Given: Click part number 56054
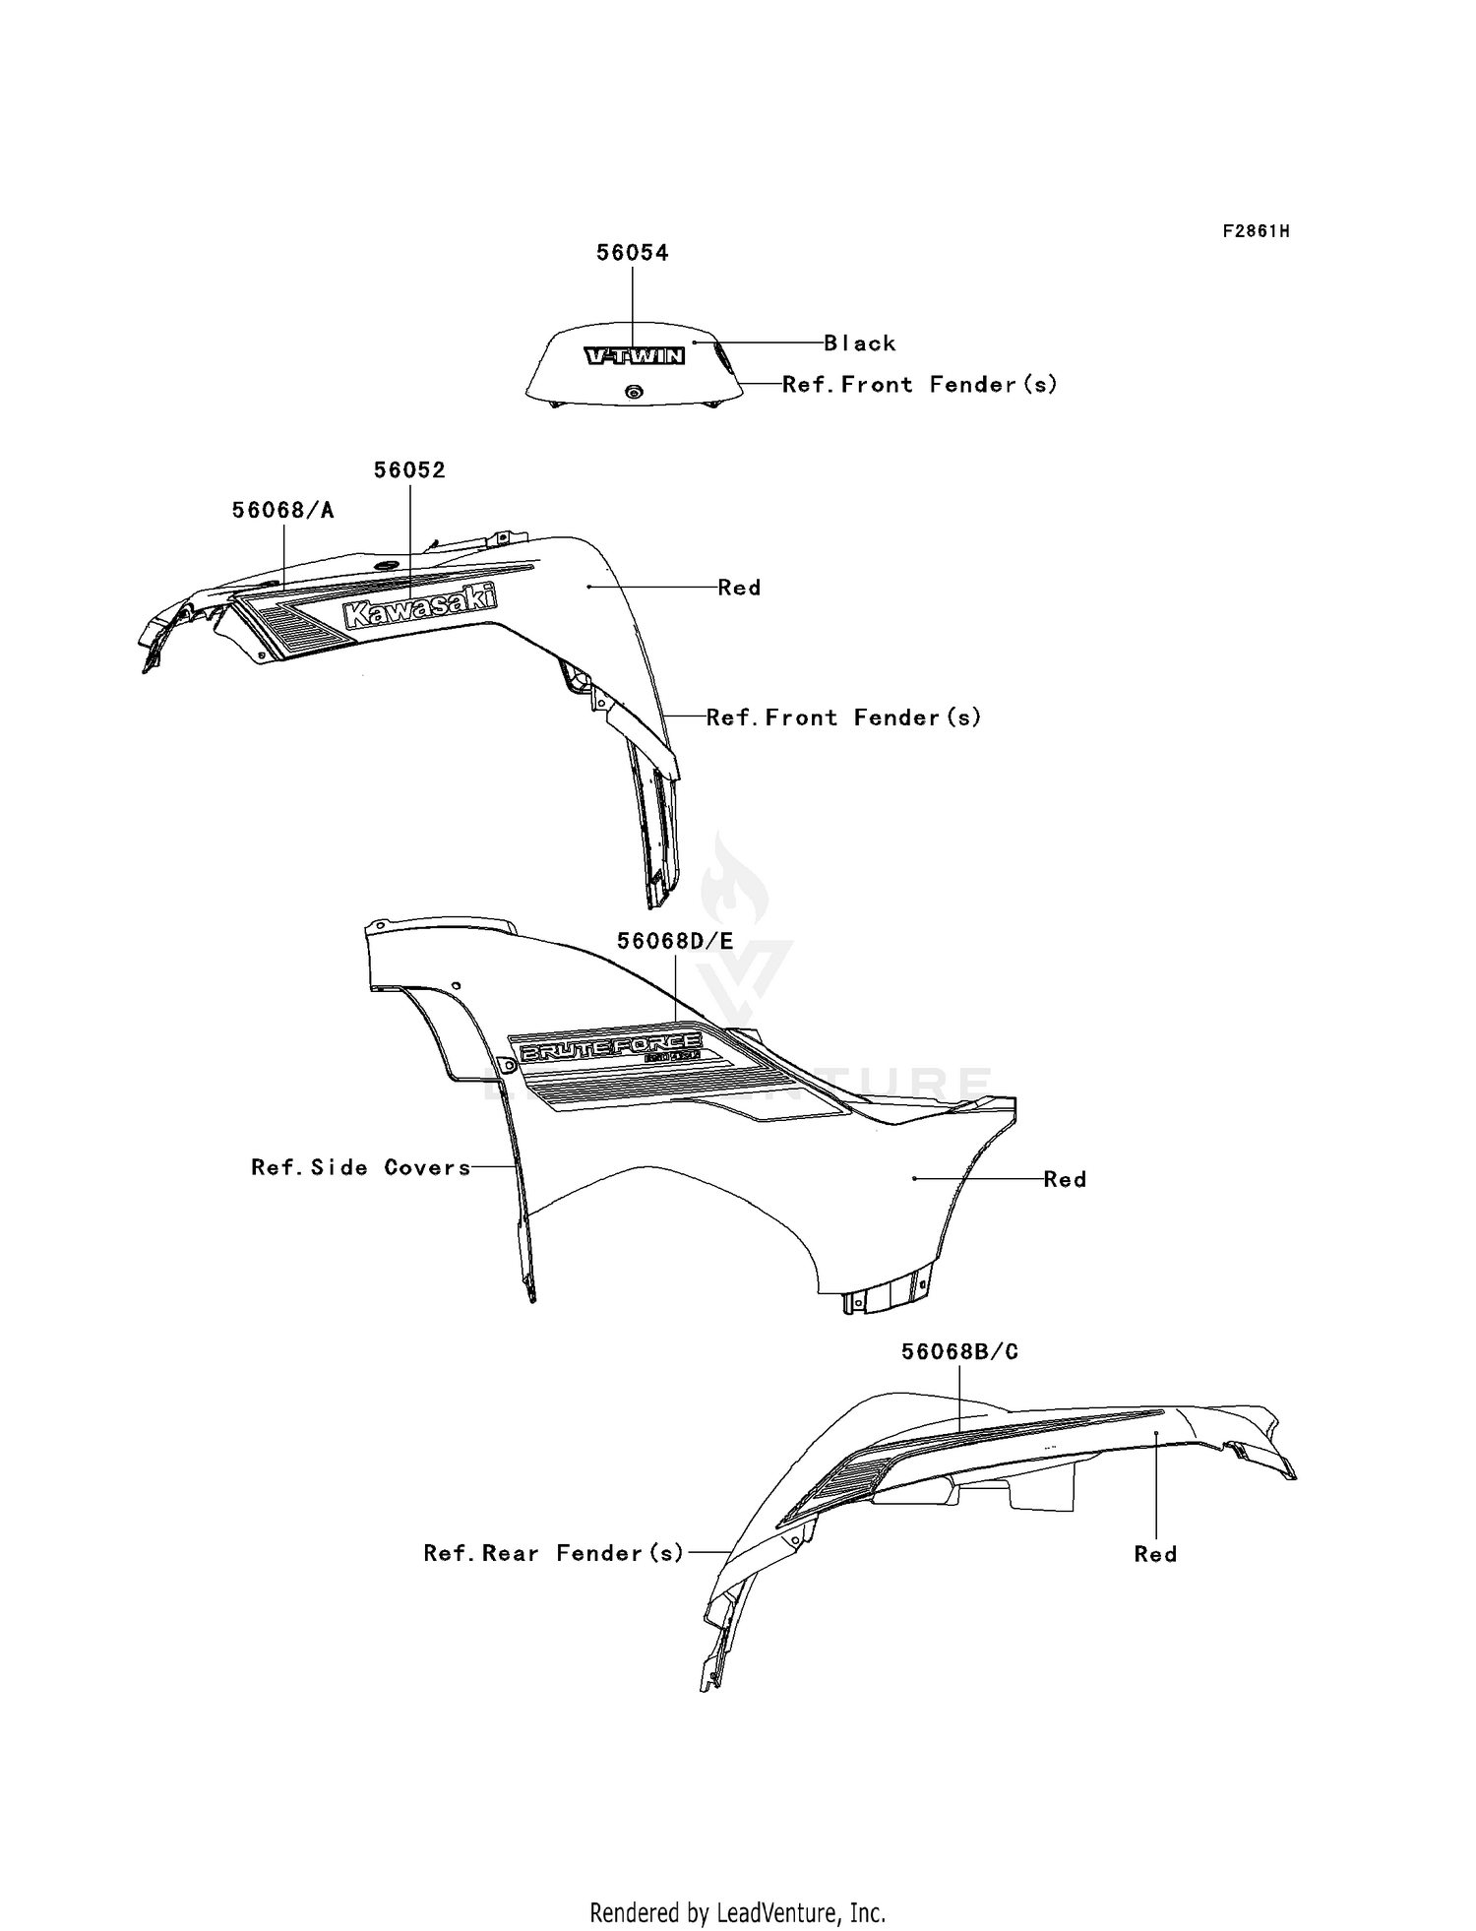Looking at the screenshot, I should (x=632, y=253).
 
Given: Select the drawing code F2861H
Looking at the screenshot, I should (x=1256, y=231).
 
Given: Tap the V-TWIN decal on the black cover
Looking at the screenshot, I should (x=635, y=356).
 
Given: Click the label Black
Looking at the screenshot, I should (x=860, y=343).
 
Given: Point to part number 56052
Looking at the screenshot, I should (x=409, y=470).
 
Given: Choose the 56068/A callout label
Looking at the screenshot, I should (x=282, y=510).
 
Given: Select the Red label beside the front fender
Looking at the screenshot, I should (x=739, y=588).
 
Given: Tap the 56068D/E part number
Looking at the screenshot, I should (x=675, y=941).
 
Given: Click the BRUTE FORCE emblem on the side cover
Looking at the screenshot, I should (x=610, y=1048).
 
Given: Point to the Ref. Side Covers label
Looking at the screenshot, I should (x=360, y=1167).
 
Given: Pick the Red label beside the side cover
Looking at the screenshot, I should (x=1065, y=1179).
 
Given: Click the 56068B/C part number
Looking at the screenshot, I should (x=959, y=1352).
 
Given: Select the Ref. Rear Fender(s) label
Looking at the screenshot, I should (x=553, y=1553).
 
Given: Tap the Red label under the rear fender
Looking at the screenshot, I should (x=1155, y=1554).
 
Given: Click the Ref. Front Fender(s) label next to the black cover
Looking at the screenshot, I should (x=919, y=385).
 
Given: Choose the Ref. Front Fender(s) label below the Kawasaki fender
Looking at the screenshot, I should (x=843, y=717).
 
